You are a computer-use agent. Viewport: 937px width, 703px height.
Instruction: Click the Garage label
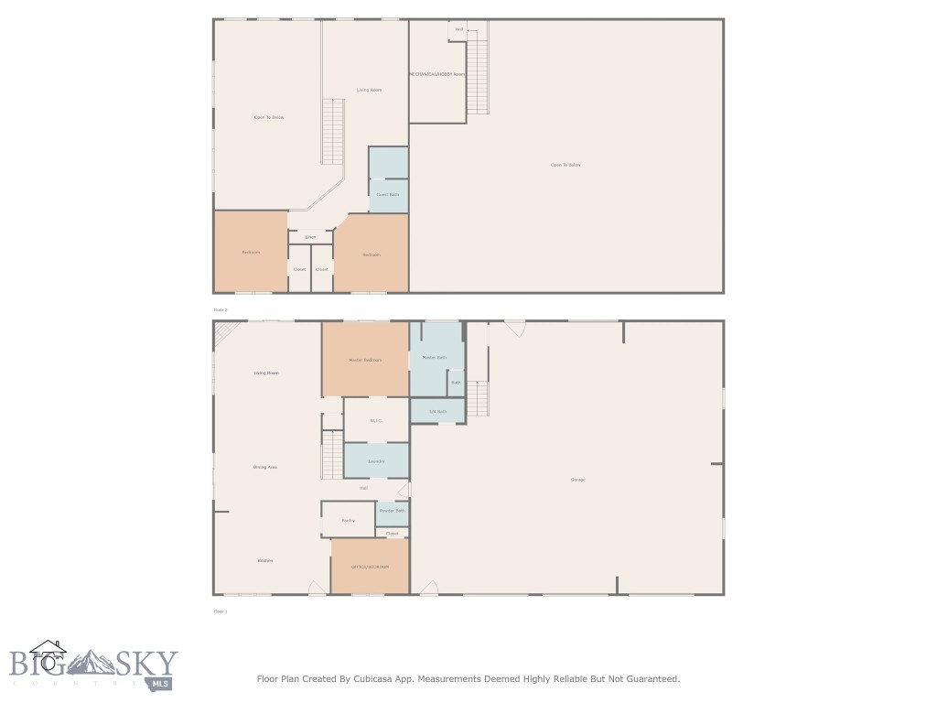click(577, 480)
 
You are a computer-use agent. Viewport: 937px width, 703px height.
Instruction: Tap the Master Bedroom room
click(365, 360)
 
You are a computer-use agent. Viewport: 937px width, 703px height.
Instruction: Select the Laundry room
click(376, 460)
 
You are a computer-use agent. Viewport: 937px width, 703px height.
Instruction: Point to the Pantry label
click(348, 520)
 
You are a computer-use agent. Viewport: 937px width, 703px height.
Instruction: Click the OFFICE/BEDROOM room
click(370, 567)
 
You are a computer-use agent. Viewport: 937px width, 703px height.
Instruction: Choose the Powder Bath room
click(393, 511)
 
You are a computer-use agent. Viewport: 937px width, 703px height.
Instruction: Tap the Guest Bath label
click(388, 194)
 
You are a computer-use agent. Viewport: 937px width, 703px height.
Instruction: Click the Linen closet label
click(310, 237)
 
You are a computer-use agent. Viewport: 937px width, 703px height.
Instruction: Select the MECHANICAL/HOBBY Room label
click(437, 73)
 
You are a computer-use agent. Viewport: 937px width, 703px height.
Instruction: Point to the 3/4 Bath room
click(437, 411)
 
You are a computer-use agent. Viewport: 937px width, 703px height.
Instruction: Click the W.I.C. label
click(375, 421)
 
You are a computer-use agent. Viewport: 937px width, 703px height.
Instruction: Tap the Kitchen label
click(265, 560)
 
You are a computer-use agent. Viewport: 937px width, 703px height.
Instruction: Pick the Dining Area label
click(265, 467)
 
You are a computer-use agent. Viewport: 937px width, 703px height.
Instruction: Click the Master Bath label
click(434, 357)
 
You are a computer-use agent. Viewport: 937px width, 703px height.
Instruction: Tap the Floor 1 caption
click(220, 611)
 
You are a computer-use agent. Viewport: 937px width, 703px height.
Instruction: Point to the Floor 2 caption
click(220, 310)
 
